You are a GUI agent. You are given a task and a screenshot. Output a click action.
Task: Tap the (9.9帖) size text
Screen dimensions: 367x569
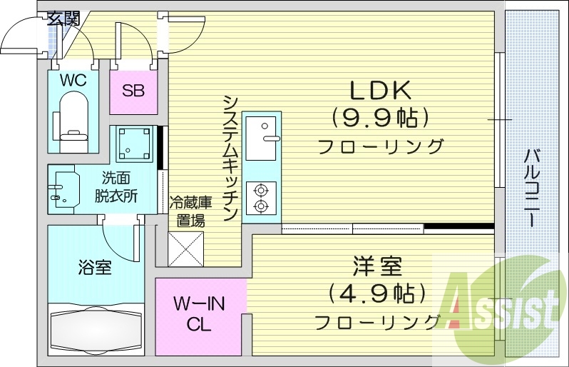click(x=379, y=116)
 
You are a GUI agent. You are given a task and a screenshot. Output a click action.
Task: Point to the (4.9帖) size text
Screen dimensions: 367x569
click(x=377, y=293)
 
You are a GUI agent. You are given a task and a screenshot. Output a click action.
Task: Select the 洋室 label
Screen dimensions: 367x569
click(x=377, y=268)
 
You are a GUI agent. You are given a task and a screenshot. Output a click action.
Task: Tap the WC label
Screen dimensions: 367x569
click(x=73, y=80)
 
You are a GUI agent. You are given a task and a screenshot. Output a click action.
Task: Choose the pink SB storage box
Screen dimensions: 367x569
click(x=133, y=91)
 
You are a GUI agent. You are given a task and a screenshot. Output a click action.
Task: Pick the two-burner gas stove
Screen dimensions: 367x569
click(x=261, y=198)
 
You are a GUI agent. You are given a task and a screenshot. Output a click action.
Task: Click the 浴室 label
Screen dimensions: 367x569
click(x=94, y=268)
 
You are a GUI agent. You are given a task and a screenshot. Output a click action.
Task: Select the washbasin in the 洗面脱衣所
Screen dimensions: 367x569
click(x=64, y=188)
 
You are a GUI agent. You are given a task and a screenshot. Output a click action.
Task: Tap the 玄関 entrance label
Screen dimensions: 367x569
click(x=64, y=19)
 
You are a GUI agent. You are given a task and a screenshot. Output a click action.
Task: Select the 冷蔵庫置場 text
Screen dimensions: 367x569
click(x=187, y=211)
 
